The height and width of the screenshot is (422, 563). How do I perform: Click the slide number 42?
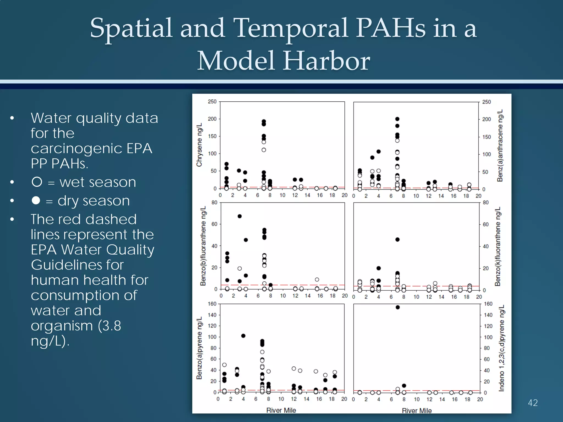[x=532, y=403]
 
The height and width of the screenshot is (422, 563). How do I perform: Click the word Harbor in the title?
[x=326, y=61]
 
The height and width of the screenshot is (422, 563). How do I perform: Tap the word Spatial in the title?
[x=131, y=28]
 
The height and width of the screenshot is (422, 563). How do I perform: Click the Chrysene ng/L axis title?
[x=199, y=145]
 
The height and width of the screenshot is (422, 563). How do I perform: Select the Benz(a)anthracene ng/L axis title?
[x=500, y=145]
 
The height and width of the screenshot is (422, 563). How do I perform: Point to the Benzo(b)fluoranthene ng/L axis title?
[x=203, y=246]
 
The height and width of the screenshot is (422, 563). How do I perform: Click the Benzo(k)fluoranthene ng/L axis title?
[x=498, y=246]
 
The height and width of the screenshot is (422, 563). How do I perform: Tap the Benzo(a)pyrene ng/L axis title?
[x=199, y=348]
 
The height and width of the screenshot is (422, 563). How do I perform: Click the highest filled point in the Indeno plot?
[x=398, y=307]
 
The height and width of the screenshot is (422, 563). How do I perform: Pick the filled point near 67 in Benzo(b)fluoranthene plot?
[x=239, y=216]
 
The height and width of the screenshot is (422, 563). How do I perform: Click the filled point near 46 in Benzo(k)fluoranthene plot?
[x=398, y=240]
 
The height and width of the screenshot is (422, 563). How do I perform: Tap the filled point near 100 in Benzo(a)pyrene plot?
[x=243, y=336]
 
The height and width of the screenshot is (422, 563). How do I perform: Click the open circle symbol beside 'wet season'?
[x=37, y=182]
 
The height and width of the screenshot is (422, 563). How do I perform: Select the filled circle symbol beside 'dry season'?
[x=36, y=200]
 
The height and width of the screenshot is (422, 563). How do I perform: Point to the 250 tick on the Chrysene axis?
[x=212, y=102]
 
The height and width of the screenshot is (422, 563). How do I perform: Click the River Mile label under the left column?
[x=281, y=410]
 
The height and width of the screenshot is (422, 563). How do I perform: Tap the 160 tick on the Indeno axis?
[x=488, y=304]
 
